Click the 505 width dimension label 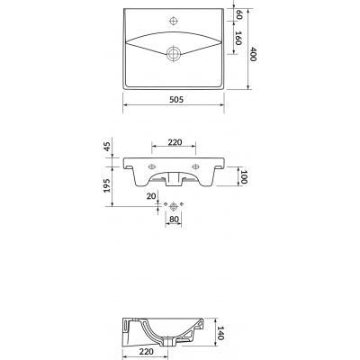[176, 99]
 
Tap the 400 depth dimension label [253, 54]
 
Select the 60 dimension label [239, 14]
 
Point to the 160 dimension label [238, 38]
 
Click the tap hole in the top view [174, 21]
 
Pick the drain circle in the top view [174, 54]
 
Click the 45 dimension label [107, 147]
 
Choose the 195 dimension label [107, 185]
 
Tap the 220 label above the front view [175, 142]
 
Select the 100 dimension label [243, 177]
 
